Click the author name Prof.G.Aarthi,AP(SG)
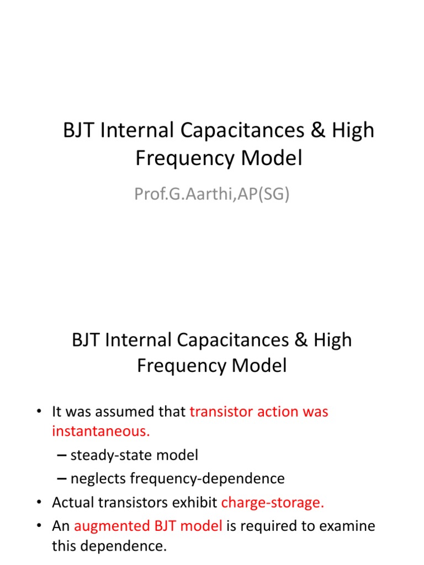point(211,194)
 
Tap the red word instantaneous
point(100,431)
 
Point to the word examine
point(347,526)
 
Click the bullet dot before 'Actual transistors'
point(39,503)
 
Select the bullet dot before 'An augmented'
point(39,526)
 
